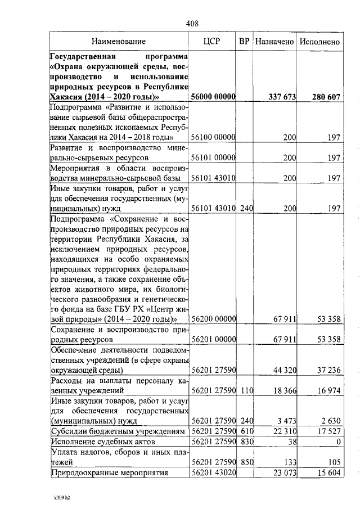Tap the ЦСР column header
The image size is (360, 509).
coord(212,42)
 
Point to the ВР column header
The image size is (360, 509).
coord(244,42)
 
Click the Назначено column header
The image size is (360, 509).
coord(274,42)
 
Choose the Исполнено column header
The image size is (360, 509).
coord(319,42)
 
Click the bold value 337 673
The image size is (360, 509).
coord(282,97)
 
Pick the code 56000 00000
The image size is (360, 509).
coord(213,97)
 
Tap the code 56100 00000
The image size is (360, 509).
coord(213,137)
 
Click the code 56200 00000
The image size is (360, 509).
coord(213,319)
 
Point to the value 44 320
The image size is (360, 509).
coord(285,371)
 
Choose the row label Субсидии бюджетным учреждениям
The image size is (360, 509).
coord(118,430)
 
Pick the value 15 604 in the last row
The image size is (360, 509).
coord(329,473)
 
